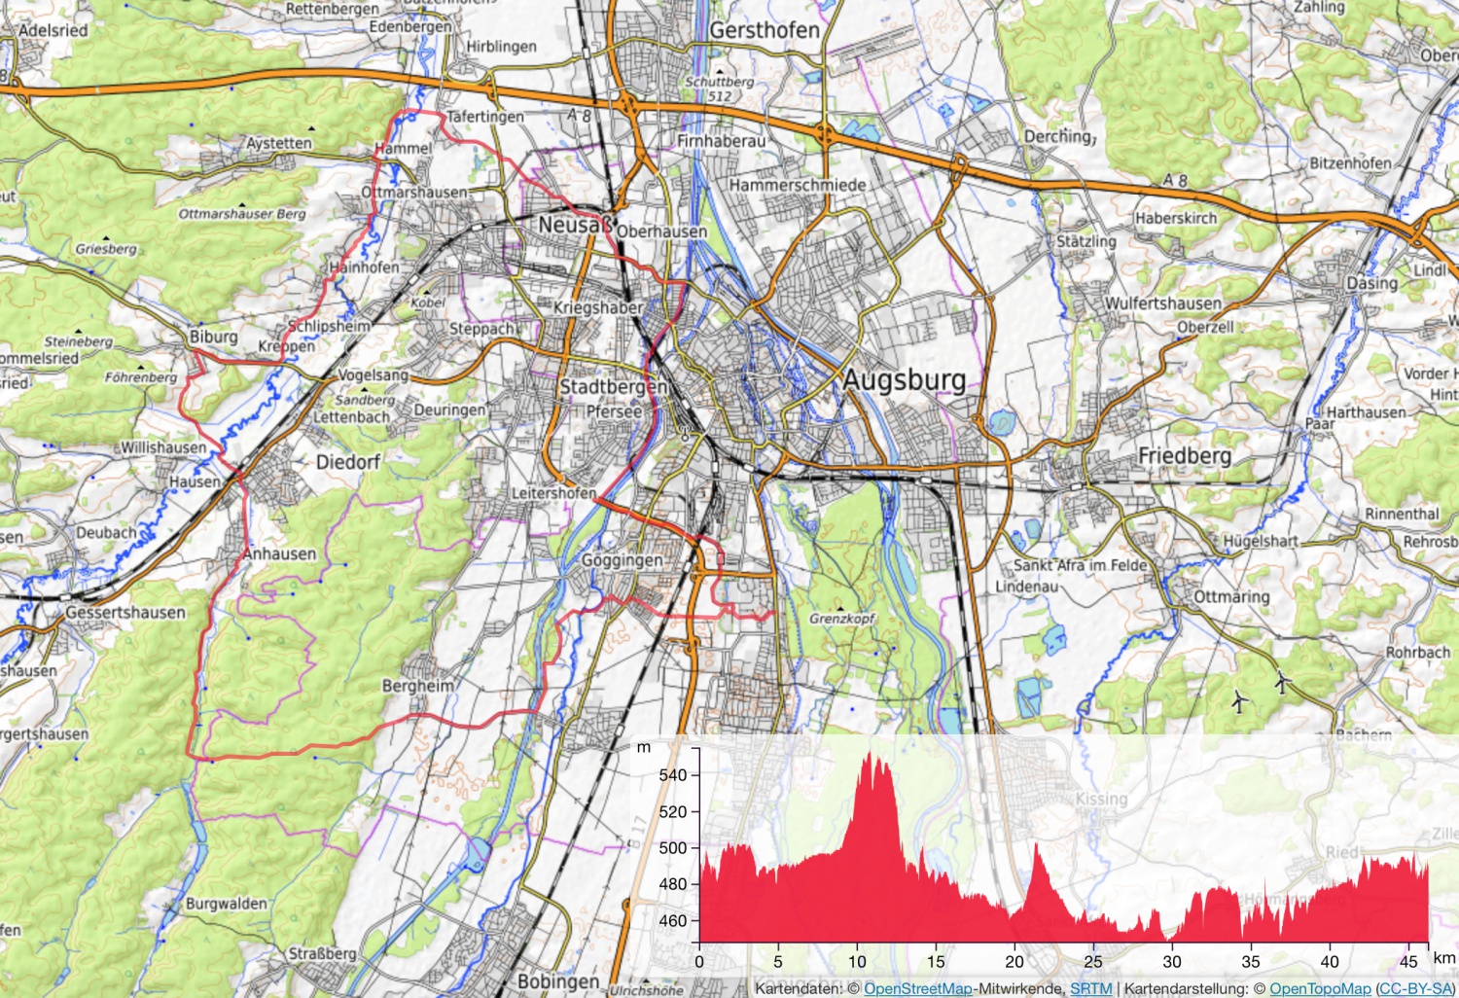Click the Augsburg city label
[x=904, y=379]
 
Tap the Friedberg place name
[x=1185, y=455]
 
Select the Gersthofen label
[x=765, y=30]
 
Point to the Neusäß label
[x=576, y=225]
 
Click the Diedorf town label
[x=347, y=462]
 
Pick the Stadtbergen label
[x=613, y=386]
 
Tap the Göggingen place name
[x=622, y=560]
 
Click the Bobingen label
[x=558, y=980]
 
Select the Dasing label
[x=1371, y=283]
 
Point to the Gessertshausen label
[x=125, y=613]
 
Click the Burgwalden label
[x=226, y=904]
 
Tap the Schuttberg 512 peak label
[x=720, y=89]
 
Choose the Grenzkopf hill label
[x=842, y=618]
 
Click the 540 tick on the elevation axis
[x=673, y=775]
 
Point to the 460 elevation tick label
[x=673, y=920]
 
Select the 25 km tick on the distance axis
[x=1093, y=962]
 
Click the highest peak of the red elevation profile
[x=869, y=754]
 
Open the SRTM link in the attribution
[x=1090, y=988]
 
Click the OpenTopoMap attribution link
[x=1320, y=988]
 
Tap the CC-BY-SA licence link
[x=1415, y=988]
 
